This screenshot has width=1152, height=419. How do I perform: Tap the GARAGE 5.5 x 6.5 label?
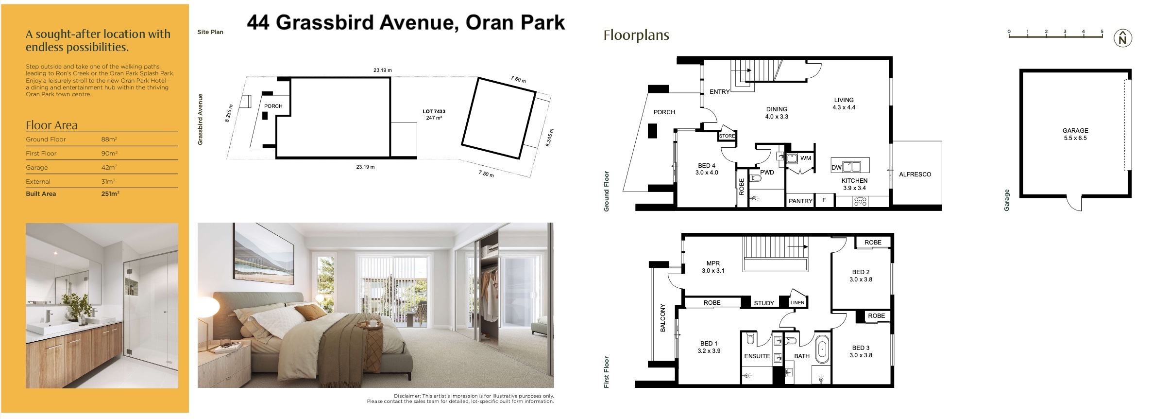(x=1075, y=134)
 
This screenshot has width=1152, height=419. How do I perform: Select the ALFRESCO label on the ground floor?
(x=915, y=175)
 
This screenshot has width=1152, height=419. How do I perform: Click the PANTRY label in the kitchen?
(x=800, y=201)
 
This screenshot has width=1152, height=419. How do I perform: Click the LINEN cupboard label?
(x=797, y=302)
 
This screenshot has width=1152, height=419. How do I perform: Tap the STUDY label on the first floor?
(x=763, y=303)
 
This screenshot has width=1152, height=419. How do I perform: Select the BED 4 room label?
(x=706, y=169)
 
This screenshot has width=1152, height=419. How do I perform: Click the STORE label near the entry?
(x=727, y=136)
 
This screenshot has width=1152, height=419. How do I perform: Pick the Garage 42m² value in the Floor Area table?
(x=108, y=167)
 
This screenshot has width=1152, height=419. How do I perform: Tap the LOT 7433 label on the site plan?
(x=434, y=115)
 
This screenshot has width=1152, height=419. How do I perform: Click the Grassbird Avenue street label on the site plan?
(x=200, y=119)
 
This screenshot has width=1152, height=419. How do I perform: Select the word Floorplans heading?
(x=636, y=35)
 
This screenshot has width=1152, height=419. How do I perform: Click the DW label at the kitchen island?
(x=836, y=168)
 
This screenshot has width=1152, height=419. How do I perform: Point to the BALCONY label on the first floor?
(x=662, y=318)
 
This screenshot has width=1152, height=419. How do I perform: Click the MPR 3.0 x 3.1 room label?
(x=713, y=267)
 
